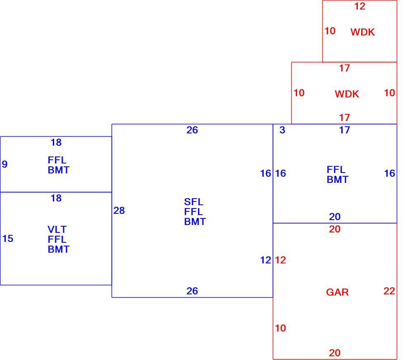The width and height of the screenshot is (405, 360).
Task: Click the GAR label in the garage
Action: coord(337,292)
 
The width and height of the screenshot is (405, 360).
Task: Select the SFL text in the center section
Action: coord(193,201)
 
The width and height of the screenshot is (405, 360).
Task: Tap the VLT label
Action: coord(57,229)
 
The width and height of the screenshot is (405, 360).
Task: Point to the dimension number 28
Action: coord(119,211)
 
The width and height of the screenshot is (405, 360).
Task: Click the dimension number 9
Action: coord(5,164)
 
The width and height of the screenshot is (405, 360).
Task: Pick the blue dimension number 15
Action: coord(8,239)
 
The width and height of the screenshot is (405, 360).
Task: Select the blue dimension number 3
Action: coord(282,130)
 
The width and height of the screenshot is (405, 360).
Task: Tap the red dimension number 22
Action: coord(389,291)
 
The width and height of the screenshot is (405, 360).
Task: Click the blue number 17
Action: coord(345,130)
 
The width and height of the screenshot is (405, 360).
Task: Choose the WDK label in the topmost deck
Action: coord(363,32)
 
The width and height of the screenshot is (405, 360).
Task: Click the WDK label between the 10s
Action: coord(347,94)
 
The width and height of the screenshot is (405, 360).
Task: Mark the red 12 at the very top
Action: coord(360,6)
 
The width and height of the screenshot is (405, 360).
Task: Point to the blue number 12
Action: coord(266,260)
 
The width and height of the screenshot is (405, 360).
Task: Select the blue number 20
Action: coord(335,217)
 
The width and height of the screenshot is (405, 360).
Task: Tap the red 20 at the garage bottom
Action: coord(335,353)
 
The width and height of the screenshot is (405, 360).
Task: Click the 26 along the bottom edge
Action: coord(192,291)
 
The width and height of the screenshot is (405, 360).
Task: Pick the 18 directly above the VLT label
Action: coord(56,198)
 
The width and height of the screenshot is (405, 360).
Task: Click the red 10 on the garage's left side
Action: coord(281,328)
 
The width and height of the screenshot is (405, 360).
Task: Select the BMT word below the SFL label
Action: coord(195,222)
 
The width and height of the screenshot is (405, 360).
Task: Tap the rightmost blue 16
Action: coord(389,173)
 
